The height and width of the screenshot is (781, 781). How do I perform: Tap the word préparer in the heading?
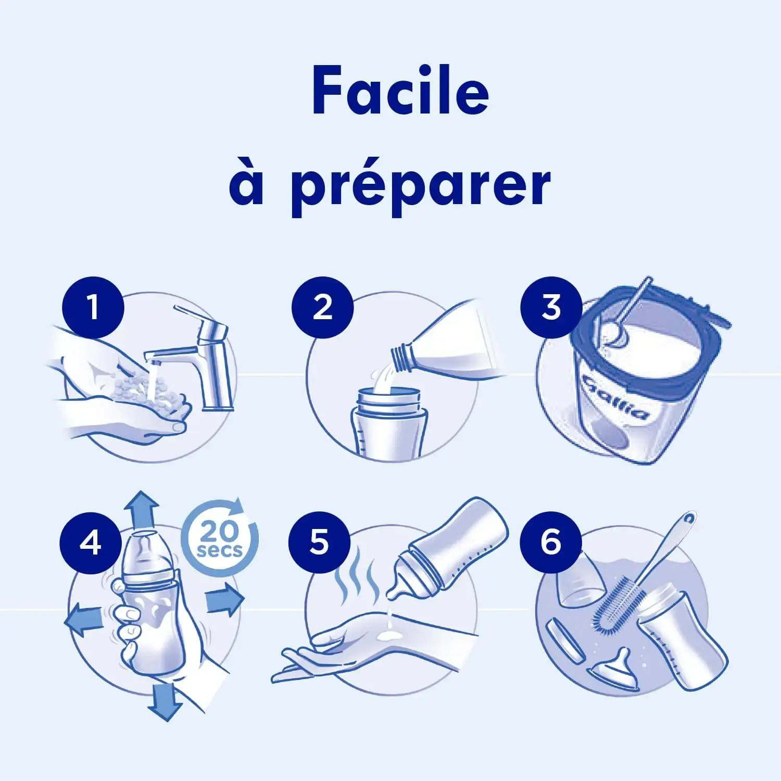pyautogui.click(x=420, y=186)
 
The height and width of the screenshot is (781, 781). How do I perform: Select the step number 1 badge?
pyautogui.click(x=93, y=307)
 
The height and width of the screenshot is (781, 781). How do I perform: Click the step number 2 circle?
pyautogui.click(x=323, y=307)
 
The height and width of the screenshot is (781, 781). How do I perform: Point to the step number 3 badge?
pyautogui.click(x=551, y=307)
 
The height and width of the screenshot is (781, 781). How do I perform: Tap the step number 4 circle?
pyautogui.click(x=91, y=543)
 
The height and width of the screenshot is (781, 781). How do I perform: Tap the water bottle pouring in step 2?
pyautogui.click(x=448, y=338)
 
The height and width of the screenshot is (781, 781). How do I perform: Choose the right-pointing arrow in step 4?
pyautogui.click(x=225, y=600)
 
